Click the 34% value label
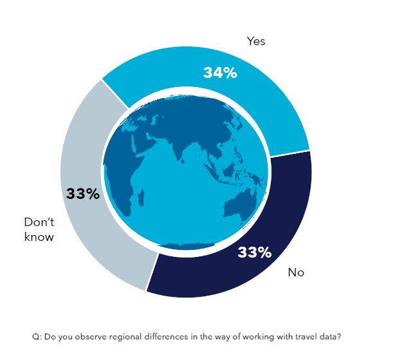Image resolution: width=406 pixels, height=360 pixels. pyautogui.click(x=220, y=73)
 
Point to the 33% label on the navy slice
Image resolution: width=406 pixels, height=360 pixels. pyautogui.click(x=254, y=252)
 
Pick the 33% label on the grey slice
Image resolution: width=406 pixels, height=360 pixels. pyautogui.click(x=83, y=193)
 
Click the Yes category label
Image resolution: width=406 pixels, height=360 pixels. pyautogui.click(x=256, y=41)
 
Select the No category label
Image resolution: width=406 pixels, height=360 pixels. pyautogui.click(x=296, y=272)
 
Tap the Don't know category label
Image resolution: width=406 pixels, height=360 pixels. pyautogui.click(x=39, y=229)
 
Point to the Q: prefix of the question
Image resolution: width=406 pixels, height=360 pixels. pyautogui.click(x=37, y=337)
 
